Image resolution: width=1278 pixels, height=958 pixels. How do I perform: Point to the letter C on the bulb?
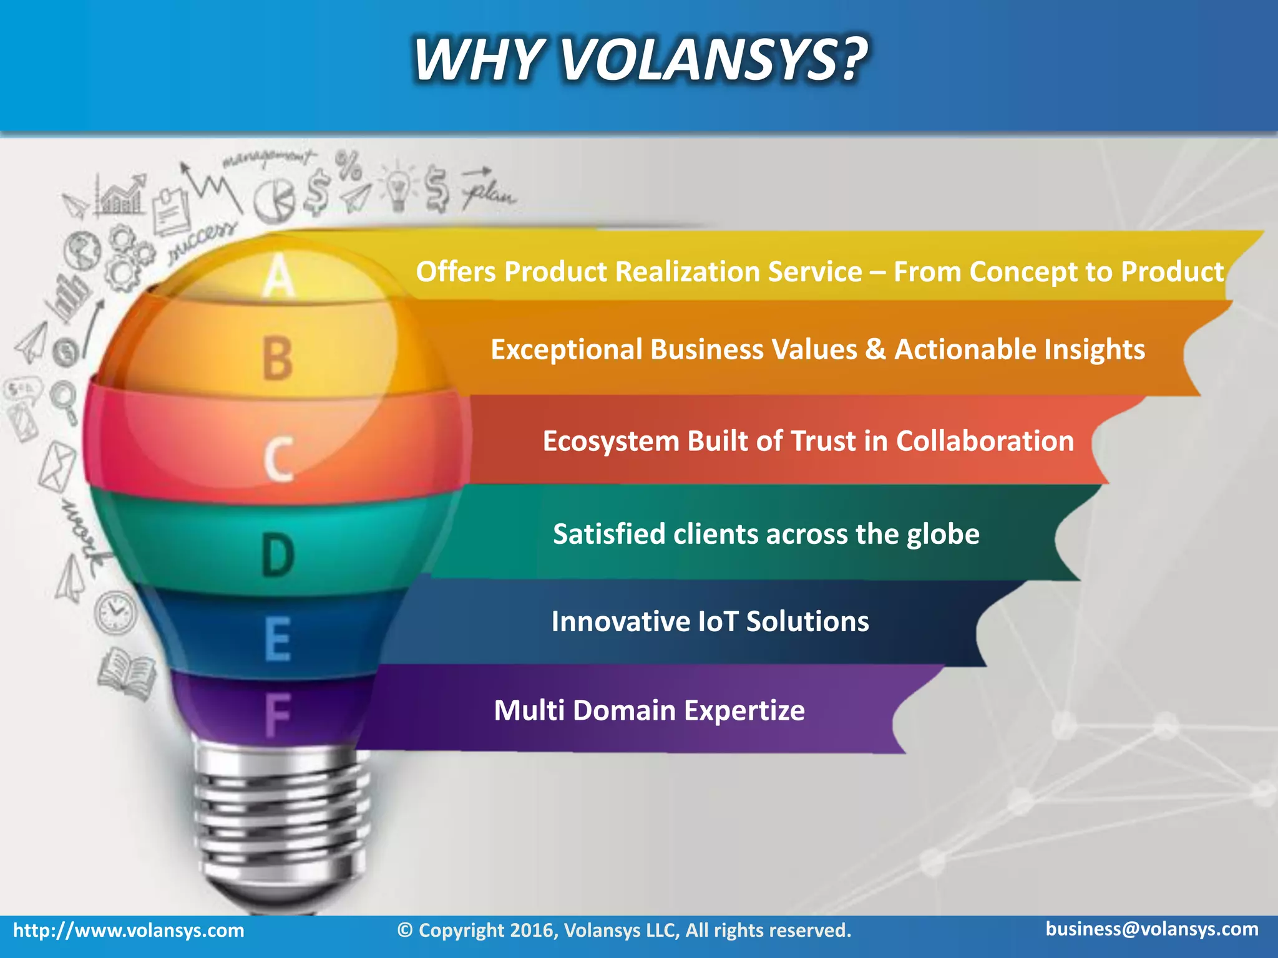[x=278, y=459]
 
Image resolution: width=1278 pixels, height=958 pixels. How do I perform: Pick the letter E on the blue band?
[x=278, y=639]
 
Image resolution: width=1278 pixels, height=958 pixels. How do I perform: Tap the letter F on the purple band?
[x=277, y=715]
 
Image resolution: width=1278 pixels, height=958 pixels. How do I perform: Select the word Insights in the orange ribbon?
[x=1095, y=349]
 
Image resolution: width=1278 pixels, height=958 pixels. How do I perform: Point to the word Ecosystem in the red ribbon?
[x=610, y=442]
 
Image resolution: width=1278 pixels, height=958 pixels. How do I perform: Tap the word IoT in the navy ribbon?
[x=718, y=622]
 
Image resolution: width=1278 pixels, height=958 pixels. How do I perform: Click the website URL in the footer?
[x=129, y=931]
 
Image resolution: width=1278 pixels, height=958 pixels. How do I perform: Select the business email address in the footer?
[x=1152, y=929]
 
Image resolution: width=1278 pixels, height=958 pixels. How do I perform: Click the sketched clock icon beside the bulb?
[x=115, y=612]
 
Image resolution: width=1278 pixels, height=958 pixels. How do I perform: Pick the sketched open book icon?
[x=127, y=672]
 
